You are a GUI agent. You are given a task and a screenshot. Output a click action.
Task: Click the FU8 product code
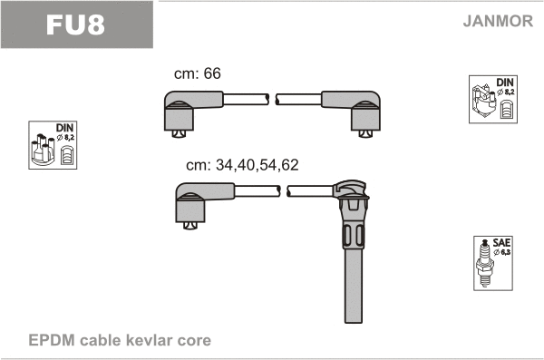[x=75, y=24]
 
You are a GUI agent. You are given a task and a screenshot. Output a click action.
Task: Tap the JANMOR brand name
[x=498, y=21]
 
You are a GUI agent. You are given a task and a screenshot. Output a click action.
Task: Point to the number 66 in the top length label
[x=212, y=73]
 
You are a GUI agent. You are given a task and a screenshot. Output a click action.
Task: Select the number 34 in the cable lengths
[x=224, y=165]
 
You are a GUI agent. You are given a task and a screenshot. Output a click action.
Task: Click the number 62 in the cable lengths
[x=290, y=165]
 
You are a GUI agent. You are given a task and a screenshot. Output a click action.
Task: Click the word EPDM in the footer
[x=52, y=340]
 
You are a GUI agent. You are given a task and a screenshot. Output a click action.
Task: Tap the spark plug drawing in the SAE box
[x=484, y=263]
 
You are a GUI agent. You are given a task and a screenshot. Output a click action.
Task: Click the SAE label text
[x=501, y=242]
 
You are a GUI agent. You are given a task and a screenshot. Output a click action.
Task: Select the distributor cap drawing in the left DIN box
[x=43, y=150]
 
